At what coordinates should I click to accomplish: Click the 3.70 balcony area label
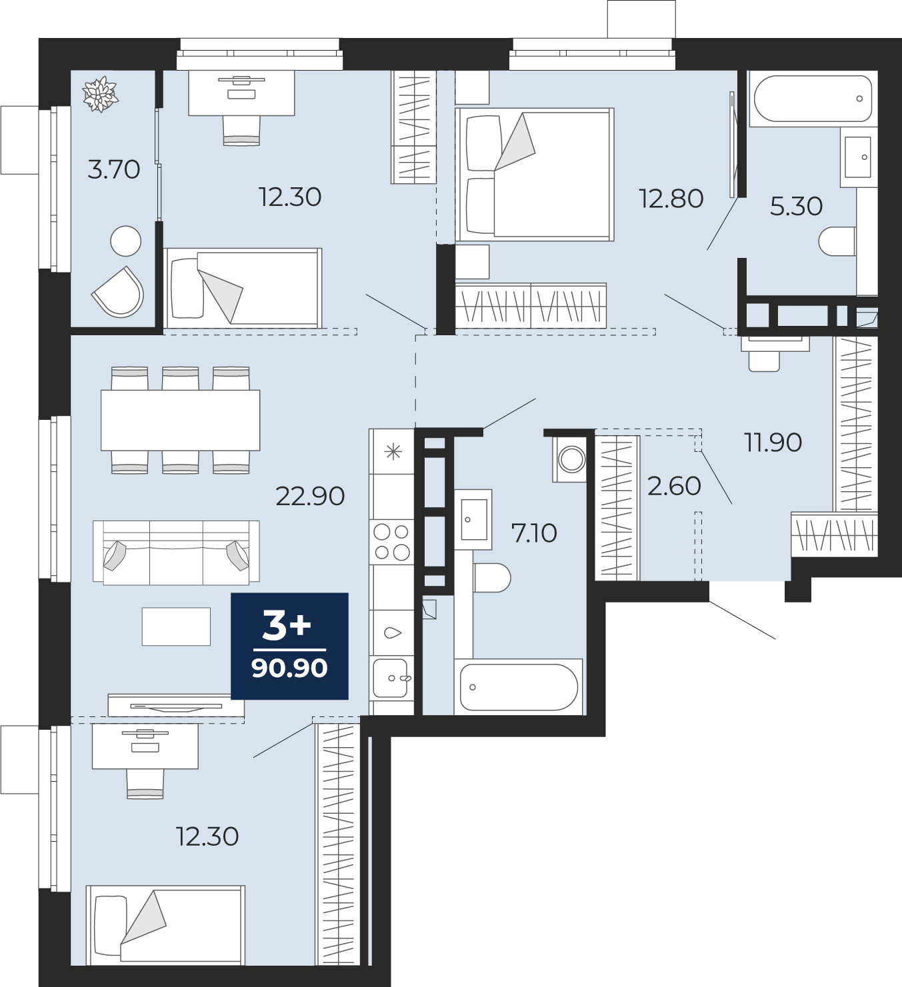114,170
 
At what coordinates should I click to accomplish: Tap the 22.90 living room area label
310,496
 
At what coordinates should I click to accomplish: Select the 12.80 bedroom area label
671,199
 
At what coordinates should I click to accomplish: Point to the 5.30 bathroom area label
796,206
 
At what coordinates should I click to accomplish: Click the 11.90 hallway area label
773,443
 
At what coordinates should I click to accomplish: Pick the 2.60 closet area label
674,486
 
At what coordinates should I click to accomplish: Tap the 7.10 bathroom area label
535,533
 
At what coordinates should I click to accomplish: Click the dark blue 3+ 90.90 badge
289,646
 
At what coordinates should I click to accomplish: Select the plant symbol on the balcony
101,94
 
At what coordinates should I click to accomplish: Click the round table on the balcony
125,241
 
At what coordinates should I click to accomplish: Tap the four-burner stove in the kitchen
392,542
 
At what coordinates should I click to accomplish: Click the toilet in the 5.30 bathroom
837,241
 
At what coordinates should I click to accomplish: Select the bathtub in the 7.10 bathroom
519,687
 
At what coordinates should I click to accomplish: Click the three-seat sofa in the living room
176,552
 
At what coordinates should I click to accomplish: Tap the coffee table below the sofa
176,626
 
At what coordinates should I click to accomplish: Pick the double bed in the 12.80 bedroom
534,175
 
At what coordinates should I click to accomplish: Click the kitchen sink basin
391,678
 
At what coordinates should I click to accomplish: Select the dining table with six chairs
180,420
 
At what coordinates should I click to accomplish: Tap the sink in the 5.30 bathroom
858,157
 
